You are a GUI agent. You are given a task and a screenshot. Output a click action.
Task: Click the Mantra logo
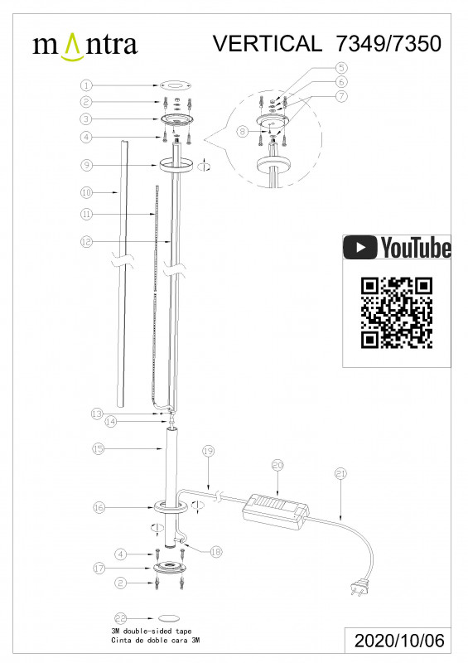click(85, 46)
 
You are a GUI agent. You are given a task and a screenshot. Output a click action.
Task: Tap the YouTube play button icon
click(359, 247)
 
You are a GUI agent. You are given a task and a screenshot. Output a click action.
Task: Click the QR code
click(397, 313)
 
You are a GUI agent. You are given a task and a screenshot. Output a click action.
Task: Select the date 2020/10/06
click(399, 641)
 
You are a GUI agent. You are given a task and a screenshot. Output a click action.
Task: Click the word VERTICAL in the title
click(268, 43)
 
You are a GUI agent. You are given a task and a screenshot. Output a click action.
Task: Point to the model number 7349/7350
click(388, 43)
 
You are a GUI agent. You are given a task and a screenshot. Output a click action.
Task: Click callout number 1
click(86, 85)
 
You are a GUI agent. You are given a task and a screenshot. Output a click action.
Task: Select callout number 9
click(86, 165)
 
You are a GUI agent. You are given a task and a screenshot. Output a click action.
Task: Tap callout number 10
click(86, 193)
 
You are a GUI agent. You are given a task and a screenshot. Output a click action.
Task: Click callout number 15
click(98, 448)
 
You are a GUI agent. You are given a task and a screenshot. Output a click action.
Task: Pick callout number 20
click(277, 466)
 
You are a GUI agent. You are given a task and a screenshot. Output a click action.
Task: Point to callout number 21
click(340, 473)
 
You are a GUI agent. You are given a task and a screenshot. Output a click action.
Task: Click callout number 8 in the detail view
click(242, 132)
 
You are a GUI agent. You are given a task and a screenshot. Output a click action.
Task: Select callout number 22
click(121, 619)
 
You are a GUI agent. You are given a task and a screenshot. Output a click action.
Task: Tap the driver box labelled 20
click(277, 512)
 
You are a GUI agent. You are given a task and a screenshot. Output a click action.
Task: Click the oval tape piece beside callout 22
click(169, 619)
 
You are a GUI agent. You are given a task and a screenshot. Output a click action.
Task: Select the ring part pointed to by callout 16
click(171, 506)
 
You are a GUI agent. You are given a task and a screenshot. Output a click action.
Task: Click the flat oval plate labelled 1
click(176, 85)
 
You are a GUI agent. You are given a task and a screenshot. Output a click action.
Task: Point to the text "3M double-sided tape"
click(152, 632)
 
